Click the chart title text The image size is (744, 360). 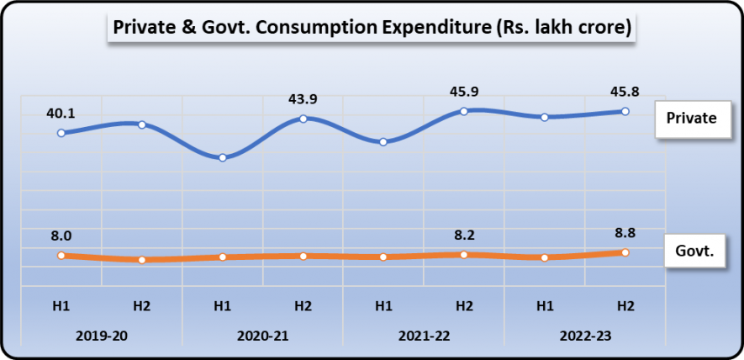coord(370,27)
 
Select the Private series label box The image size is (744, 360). coord(691,118)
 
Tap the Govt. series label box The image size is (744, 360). coord(694,251)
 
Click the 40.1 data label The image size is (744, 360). coord(61,112)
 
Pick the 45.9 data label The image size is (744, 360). coord(463,90)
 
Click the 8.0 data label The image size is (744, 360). coord(61,236)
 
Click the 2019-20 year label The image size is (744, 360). coord(101,335)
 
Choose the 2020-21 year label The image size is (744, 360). coord(262,335)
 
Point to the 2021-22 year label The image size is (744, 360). coord(424,335)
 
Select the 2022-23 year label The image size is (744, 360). coord(585,335)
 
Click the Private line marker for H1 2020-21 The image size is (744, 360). coord(222,157)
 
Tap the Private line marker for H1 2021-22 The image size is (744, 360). coord(383,141)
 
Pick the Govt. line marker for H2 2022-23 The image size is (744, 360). coord(625,252)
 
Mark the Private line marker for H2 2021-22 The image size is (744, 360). coord(464,111)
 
